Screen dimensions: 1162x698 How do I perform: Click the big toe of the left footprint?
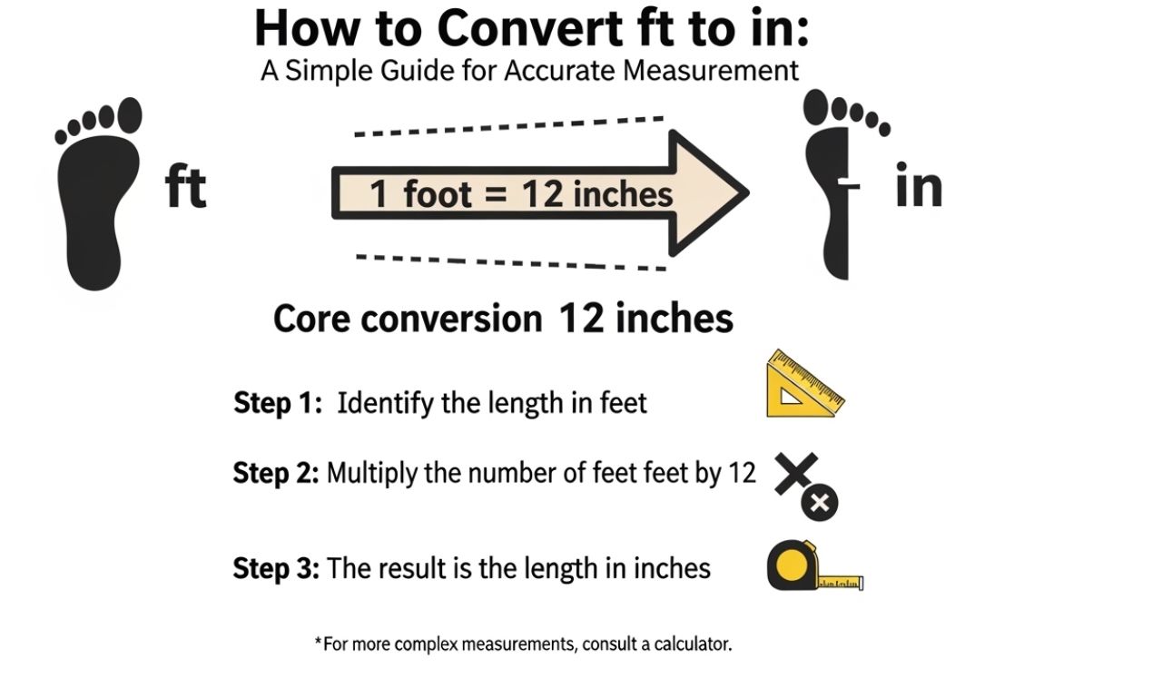click(x=130, y=114)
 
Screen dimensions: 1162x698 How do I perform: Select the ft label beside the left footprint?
click(x=185, y=186)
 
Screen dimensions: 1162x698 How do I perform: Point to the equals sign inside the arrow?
click(x=496, y=194)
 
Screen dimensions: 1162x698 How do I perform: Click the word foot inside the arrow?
click(x=438, y=194)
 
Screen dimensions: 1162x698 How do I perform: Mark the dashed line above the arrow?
click(x=509, y=126)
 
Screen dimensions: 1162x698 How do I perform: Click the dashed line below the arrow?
click(x=511, y=262)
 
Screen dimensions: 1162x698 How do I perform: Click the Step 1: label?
click(x=278, y=403)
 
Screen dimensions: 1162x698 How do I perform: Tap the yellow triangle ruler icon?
click(x=805, y=384)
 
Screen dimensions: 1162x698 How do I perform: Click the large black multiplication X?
click(x=796, y=474)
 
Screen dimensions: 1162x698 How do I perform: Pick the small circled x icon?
click(x=820, y=503)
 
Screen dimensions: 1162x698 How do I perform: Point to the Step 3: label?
click(x=276, y=568)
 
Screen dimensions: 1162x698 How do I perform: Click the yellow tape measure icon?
click(x=815, y=565)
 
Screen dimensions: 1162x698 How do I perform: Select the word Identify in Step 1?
click(x=385, y=404)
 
